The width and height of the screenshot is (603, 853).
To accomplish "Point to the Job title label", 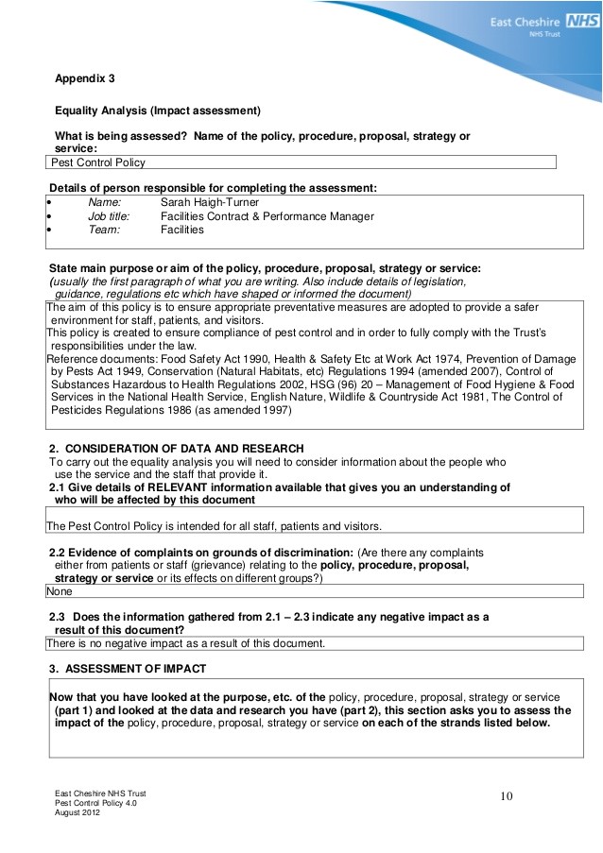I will pyautogui.click(x=109, y=216).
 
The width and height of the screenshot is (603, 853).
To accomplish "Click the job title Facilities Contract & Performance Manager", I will pyautogui.click(x=267, y=216).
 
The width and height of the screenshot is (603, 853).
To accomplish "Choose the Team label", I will pyautogui.click(x=104, y=230).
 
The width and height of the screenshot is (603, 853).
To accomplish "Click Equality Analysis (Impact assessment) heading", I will pyautogui.click(x=157, y=109).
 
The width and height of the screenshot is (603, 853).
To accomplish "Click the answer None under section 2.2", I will pyautogui.click(x=60, y=590).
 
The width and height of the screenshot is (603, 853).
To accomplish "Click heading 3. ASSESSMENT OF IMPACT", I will pyautogui.click(x=127, y=669).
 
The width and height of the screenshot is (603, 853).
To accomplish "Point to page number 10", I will pyautogui.click(x=506, y=797).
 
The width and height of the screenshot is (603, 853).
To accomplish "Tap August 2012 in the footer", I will pyautogui.click(x=77, y=811).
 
